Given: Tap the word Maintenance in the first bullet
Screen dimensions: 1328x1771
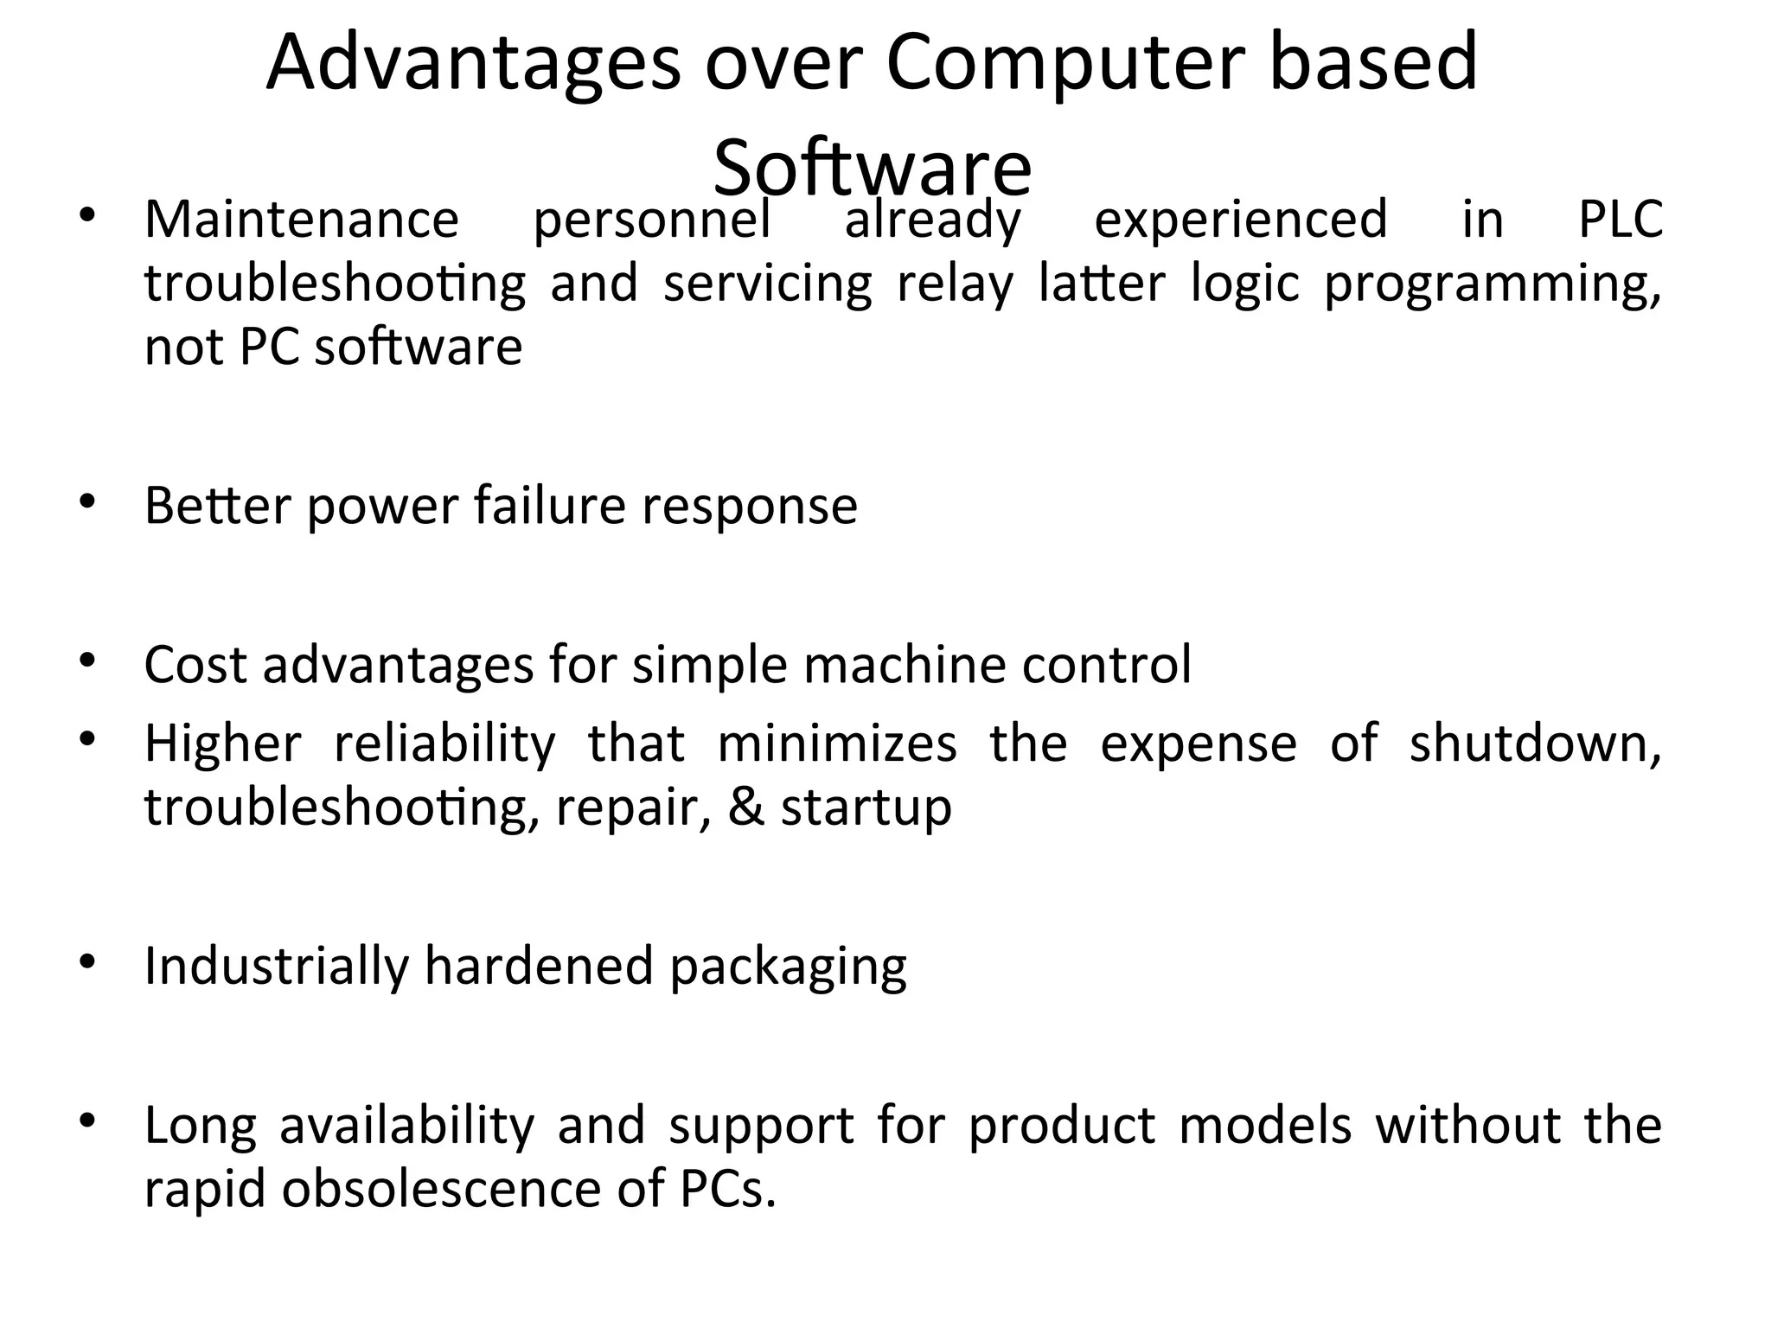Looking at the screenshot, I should click(302, 220).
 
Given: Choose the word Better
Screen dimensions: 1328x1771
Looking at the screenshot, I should click(218, 506).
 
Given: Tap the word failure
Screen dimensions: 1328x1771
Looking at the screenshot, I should click(549, 506).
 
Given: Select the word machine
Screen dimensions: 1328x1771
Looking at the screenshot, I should click(904, 665).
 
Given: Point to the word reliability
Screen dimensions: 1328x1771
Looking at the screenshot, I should click(444, 744).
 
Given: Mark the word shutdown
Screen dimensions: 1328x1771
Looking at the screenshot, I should click(1535, 744).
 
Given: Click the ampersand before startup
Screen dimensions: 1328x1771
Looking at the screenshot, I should click(746, 808).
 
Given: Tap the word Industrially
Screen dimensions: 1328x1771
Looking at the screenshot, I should click(276, 966).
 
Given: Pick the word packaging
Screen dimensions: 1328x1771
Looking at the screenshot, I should click(788, 967).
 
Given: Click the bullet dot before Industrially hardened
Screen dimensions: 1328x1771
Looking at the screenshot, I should click(86, 961).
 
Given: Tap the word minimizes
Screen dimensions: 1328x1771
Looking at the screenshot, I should click(837, 744).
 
